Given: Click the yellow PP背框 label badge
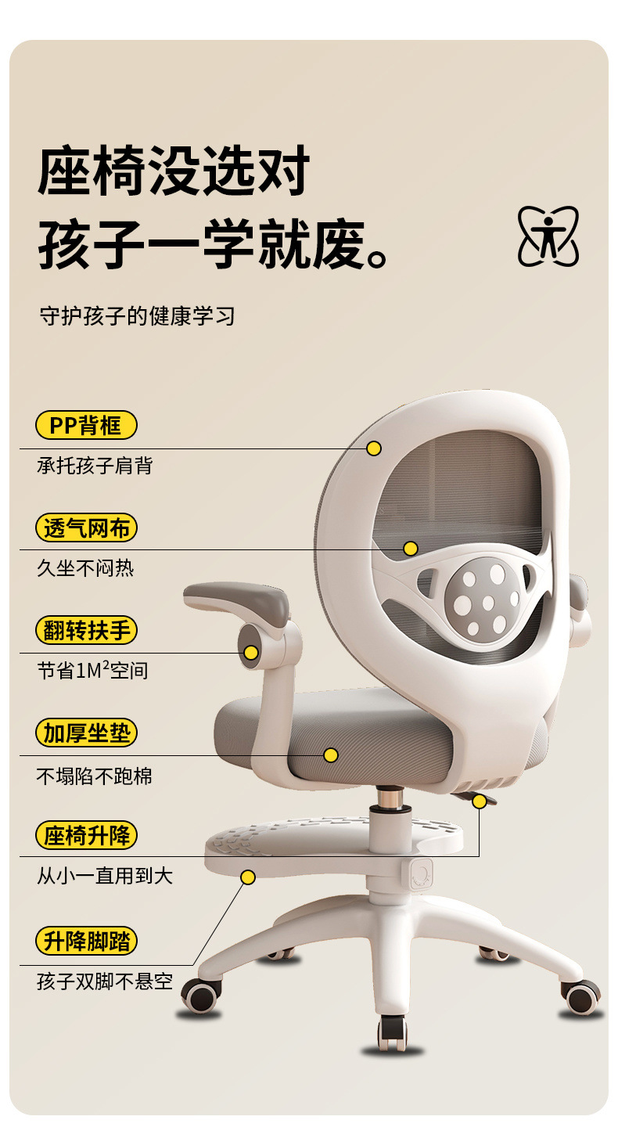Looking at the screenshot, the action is click(x=86, y=426).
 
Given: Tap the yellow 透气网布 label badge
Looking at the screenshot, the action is click(x=86, y=528).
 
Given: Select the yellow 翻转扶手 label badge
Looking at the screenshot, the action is click(x=86, y=631).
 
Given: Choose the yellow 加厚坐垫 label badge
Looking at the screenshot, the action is click(x=86, y=733).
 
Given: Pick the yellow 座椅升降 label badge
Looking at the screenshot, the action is click(x=86, y=836).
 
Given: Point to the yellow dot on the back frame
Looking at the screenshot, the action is click(x=374, y=448).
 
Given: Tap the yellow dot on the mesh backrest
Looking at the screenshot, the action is click(x=411, y=549).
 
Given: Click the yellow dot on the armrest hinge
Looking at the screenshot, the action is click(x=251, y=653).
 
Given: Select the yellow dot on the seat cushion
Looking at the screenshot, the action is click(x=331, y=755).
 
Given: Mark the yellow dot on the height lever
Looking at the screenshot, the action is click(x=480, y=801).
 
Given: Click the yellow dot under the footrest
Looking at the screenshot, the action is click(x=248, y=877).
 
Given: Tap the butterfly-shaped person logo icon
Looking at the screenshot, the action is click(x=548, y=236).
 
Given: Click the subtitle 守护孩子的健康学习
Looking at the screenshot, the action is click(x=137, y=317).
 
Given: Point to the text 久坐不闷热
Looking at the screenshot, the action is click(x=85, y=568).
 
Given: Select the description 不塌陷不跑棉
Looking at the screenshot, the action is click(x=95, y=776).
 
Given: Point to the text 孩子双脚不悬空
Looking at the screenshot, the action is click(x=105, y=981).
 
